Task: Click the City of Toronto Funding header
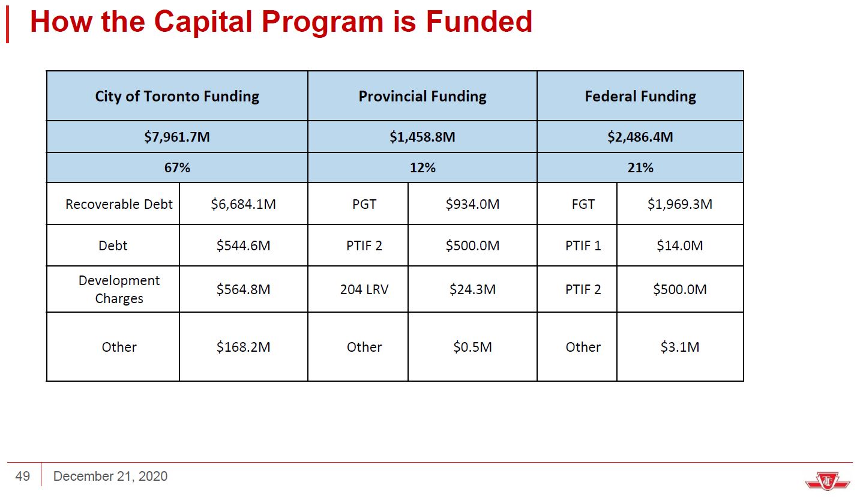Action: click(177, 96)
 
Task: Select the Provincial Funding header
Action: click(422, 96)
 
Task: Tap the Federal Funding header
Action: click(640, 96)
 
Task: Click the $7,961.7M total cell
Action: click(177, 137)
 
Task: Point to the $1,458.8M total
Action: click(422, 137)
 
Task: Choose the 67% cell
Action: click(177, 168)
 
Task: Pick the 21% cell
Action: click(640, 168)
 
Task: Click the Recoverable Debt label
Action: click(119, 204)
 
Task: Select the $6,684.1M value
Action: click(243, 204)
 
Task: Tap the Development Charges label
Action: click(119, 289)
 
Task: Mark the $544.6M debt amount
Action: click(243, 245)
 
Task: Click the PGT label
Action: click(364, 204)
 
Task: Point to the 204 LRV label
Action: click(364, 289)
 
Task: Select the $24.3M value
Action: click(472, 289)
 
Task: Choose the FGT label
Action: click(583, 204)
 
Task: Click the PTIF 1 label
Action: click(583, 245)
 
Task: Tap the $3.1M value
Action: click(679, 347)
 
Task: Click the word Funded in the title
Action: click(479, 22)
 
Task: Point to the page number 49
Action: click(23, 477)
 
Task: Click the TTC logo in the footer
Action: click(827, 480)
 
